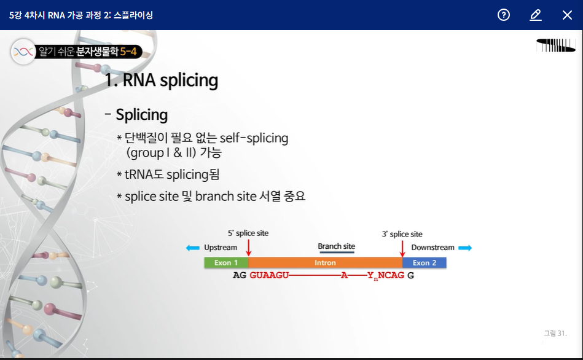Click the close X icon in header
click(567, 15)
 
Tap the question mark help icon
click(503, 15)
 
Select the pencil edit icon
click(536, 15)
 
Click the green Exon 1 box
click(226, 262)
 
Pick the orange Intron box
click(326, 262)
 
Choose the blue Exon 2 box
click(425, 262)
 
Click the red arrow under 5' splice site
click(249, 248)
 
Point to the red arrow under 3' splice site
click(402, 248)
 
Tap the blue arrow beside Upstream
click(193, 248)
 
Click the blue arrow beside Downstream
click(465, 248)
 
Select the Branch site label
click(337, 246)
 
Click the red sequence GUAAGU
click(269, 275)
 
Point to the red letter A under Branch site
click(344, 275)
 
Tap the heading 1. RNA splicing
click(162, 80)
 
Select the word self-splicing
click(254, 138)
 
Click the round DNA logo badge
click(23, 52)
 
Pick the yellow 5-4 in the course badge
click(128, 52)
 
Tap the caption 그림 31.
click(555, 333)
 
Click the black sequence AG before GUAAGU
click(240, 275)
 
